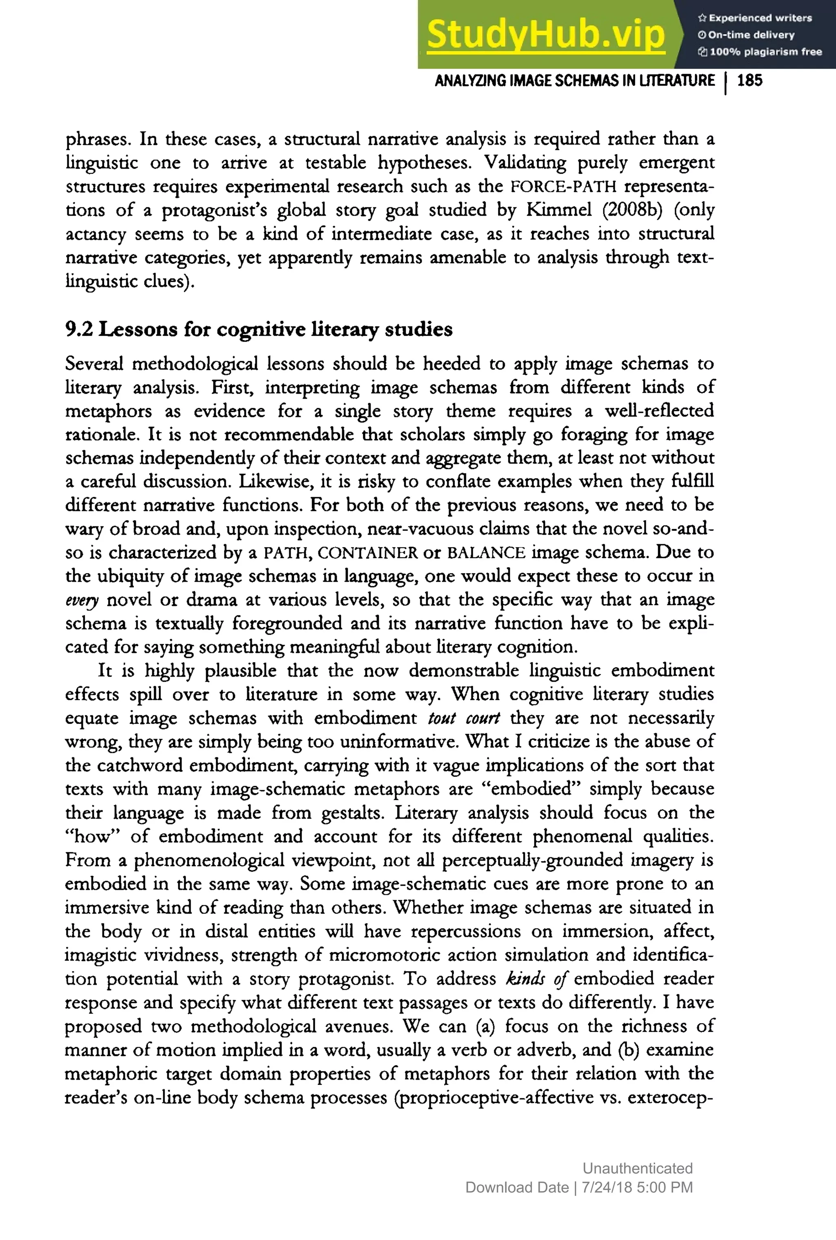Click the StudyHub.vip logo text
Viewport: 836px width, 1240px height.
click(x=545, y=35)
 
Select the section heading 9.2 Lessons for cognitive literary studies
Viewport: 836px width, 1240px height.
click(x=258, y=329)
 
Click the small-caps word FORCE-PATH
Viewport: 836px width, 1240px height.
click(x=563, y=186)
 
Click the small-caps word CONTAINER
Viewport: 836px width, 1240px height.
click(x=367, y=552)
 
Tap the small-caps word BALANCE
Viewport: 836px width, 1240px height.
click(x=486, y=552)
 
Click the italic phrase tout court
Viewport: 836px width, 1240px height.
click(x=463, y=718)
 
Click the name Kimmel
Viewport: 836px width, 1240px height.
click(x=559, y=210)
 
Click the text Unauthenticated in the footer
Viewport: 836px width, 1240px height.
click(x=637, y=1169)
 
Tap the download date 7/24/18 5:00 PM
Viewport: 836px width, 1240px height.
click(x=637, y=1188)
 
